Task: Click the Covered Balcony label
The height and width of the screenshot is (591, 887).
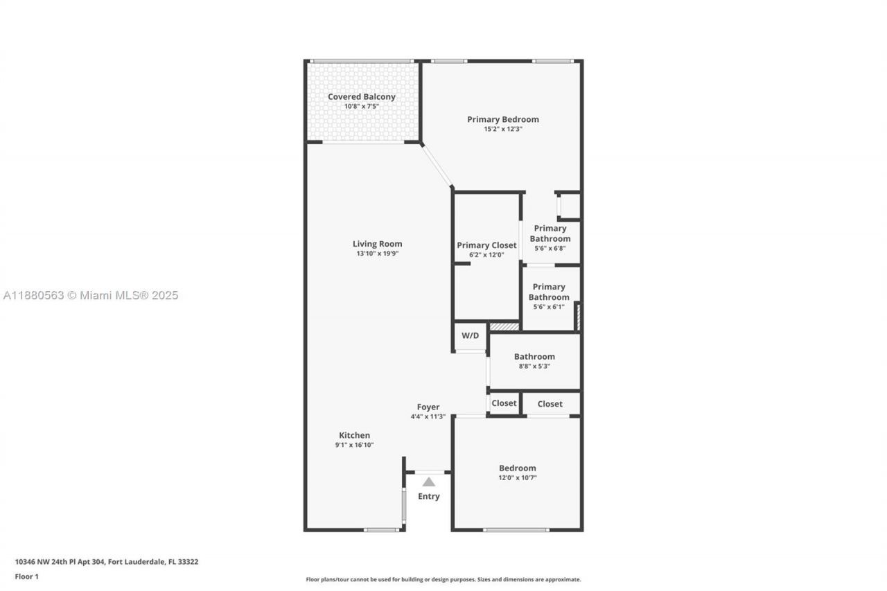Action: tap(361, 97)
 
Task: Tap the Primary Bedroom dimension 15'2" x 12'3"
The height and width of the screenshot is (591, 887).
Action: tap(502, 129)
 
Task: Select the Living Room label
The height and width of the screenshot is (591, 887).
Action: tap(377, 244)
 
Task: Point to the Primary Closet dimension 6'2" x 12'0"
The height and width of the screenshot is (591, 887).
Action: tap(486, 255)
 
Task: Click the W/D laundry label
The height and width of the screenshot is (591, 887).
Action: tap(470, 336)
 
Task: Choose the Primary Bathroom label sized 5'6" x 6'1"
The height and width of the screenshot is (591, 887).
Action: tap(549, 292)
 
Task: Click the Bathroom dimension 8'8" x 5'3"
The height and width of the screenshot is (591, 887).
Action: tap(534, 367)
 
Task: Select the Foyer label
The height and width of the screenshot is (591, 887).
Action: tap(428, 407)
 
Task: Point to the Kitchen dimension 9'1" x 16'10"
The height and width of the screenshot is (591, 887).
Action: tap(354, 445)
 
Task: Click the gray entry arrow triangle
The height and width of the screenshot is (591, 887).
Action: tap(429, 482)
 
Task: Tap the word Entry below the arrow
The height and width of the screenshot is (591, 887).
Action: tap(428, 496)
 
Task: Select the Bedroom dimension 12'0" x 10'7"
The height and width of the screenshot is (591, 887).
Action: tap(517, 477)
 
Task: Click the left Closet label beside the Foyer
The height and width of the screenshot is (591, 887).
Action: tap(504, 403)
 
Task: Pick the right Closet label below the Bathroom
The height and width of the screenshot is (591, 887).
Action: tap(550, 404)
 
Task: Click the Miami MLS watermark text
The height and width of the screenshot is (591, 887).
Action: tap(91, 295)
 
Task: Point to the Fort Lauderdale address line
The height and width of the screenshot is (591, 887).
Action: tap(107, 562)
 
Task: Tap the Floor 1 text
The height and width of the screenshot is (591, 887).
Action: tap(27, 576)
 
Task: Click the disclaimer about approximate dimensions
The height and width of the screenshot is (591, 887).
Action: tap(443, 579)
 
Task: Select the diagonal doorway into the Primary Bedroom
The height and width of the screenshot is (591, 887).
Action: tap(437, 165)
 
